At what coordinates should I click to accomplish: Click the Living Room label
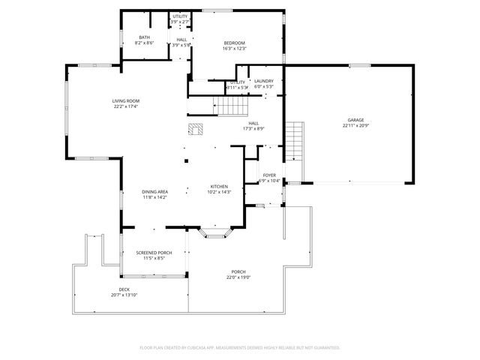tap(126, 100)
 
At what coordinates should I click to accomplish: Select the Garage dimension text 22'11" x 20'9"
tap(355, 126)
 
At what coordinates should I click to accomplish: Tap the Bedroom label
tap(235, 43)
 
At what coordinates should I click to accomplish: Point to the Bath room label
tap(144, 37)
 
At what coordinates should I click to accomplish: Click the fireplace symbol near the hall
tap(196, 129)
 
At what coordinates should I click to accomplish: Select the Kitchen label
tap(218, 186)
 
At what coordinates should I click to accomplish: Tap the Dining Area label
tap(155, 192)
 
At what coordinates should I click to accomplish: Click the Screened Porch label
tap(154, 253)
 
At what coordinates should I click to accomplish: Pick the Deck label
tap(124, 289)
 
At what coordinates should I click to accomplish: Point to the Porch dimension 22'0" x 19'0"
tap(238, 277)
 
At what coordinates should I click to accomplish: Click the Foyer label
tap(269, 175)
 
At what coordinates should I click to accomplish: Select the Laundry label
tap(263, 81)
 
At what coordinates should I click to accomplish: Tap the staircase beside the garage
tap(296, 142)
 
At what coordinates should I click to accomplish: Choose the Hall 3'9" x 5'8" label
tap(181, 45)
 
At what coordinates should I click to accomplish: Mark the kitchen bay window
tap(217, 235)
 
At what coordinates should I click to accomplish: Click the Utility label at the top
tap(181, 16)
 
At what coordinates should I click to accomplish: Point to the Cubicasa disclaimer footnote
tap(240, 347)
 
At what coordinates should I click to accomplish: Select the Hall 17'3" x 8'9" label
tap(253, 128)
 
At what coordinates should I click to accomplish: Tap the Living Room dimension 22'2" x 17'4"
tap(126, 106)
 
